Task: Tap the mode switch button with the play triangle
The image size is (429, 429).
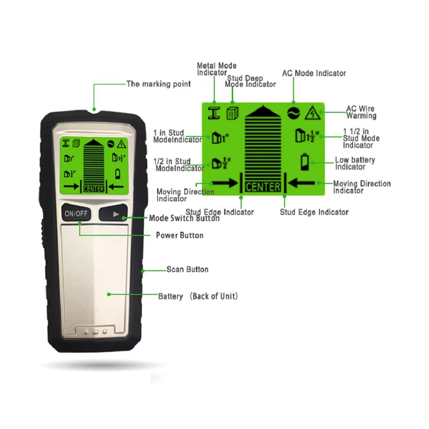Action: [x=113, y=214]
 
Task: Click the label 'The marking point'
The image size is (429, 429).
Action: [x=159, y=84]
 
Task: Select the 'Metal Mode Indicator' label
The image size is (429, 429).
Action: [x=217, y=69]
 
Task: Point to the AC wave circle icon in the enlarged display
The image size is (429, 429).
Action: [x=294, y=113]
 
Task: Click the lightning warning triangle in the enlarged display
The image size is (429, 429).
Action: [x=312, y=113]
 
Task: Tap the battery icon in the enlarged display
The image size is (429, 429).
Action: [x=305, y=161]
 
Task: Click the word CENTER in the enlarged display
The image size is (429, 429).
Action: [x=263, y=187]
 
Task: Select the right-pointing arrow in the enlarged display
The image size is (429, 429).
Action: [x=225, y=183]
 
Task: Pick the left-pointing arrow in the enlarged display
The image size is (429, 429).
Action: [x=301, y=183]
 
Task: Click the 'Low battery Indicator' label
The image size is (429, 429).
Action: [x=355, y=163]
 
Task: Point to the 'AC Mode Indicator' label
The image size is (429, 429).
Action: [x=314, y=73]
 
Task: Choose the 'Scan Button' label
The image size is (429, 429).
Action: [x=187, y=269]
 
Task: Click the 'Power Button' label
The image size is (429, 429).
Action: [x=179, y=235]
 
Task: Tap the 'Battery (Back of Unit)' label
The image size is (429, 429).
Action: [x=198, y=296]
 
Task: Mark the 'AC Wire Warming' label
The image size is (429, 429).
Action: [x=361, y=112]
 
